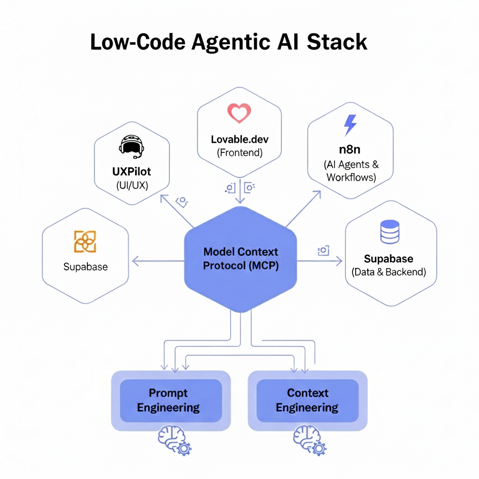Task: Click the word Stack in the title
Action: point(337,42)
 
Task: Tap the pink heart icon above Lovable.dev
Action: point(239,113)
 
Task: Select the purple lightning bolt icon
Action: point(350,125)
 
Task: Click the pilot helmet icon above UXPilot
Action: point(131,146)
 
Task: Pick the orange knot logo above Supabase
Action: point(85,241)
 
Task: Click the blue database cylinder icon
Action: point(390,232)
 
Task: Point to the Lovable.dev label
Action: point(239,139)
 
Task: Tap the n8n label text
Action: point(350,149)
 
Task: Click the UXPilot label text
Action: point(131,172)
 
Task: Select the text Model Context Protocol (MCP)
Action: point(241,258)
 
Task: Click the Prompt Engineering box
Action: point(171,401)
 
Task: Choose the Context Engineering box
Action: point(307,401)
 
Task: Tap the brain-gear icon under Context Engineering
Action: point(310,440)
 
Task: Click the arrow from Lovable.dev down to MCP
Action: point(240,191)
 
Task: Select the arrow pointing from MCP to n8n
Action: point(303,209)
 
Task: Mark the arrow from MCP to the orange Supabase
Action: point(158,261)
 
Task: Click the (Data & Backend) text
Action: point(389,272)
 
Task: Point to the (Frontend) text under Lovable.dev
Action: point(240,152)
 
